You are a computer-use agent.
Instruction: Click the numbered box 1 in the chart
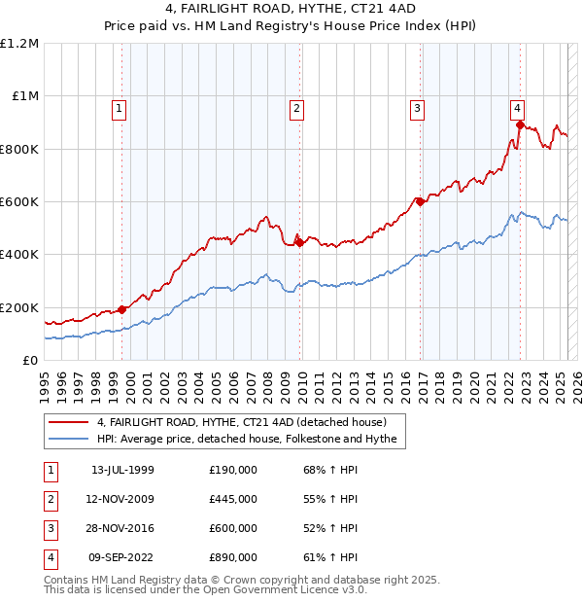tap(119, 109)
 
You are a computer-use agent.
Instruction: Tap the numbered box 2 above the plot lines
tap(295, 109)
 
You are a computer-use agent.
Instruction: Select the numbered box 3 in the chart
tap(417, 109)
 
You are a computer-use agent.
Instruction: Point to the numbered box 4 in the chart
tap(518, 109)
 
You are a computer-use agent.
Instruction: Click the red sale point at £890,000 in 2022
tap(520, 124)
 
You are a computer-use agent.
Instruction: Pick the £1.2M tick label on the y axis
tap(19, 44)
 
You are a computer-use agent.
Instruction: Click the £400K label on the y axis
tap(18, 255)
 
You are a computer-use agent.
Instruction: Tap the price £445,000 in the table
tap(233, 499)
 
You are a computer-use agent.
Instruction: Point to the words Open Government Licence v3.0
tap(288, 589)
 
